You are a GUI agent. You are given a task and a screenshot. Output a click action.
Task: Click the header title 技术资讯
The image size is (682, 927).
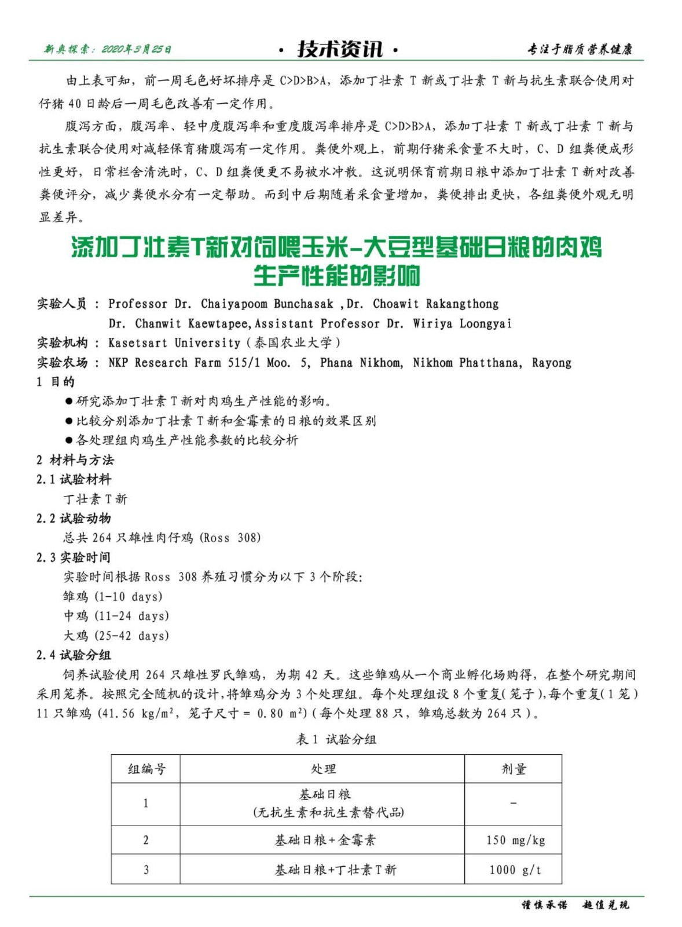point(340,49)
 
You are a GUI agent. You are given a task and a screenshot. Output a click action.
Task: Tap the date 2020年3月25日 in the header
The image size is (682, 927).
point(136,49)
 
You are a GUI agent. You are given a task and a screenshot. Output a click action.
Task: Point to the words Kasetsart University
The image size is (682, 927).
point(174,342)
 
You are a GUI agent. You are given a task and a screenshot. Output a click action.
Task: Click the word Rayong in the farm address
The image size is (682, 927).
point(551,363)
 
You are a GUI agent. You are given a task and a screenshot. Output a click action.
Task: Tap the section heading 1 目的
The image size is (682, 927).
point(56,382)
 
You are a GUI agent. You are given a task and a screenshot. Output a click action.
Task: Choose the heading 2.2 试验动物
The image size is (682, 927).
point(74,518)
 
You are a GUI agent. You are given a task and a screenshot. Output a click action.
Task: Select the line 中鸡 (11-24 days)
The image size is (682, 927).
point(116,616)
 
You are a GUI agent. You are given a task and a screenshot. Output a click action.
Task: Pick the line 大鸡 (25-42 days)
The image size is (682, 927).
point(116,636)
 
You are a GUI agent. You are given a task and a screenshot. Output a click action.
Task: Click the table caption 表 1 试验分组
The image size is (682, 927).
point(336,739)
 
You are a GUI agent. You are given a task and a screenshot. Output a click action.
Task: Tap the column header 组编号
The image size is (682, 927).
point(146,769)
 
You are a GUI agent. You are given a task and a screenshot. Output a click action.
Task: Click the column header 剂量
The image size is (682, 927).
point(514,769)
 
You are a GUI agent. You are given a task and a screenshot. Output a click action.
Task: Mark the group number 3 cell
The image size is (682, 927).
point(146,870)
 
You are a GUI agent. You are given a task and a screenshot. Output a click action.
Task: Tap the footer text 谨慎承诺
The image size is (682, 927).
point(544,905)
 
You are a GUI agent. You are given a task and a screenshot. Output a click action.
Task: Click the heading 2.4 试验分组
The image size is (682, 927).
point(74,655)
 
